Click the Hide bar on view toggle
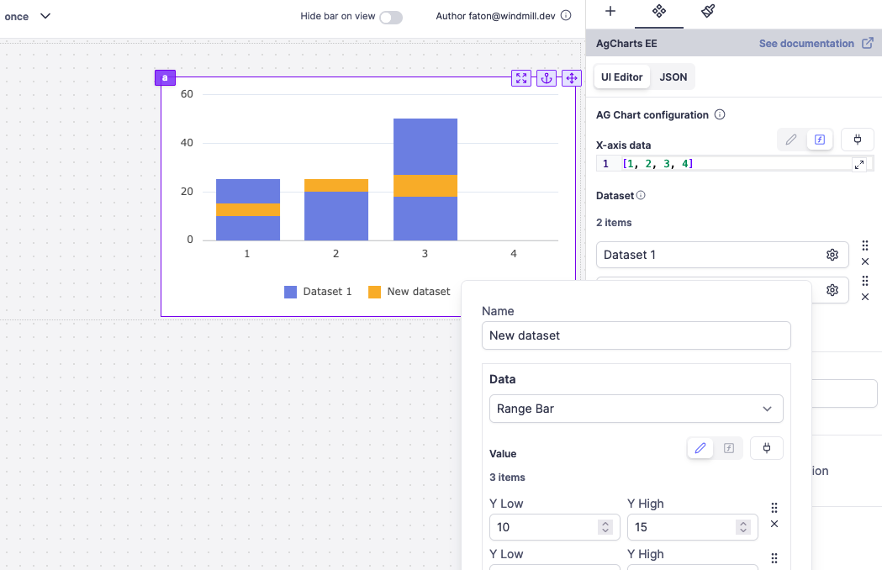tap(390, 17)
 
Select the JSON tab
tap(673, 77)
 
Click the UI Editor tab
tap(621, 77)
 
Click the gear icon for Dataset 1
tap(832, 255)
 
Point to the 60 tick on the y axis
tap(187, 94)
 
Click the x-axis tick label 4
tap(513, 253)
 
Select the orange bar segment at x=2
tap(335, 185)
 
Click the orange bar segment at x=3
tap(425, 185)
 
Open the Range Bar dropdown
tap(636, 409)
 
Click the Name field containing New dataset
tap(636, 335)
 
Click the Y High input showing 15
tap(681, 527)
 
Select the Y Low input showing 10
tap(543, 527)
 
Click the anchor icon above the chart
tap(547, 78)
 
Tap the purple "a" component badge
tap(165, 78)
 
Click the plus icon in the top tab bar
tap(610, 12)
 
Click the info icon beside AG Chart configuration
tap(720, 114)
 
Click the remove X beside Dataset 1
tap(865, 261)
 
